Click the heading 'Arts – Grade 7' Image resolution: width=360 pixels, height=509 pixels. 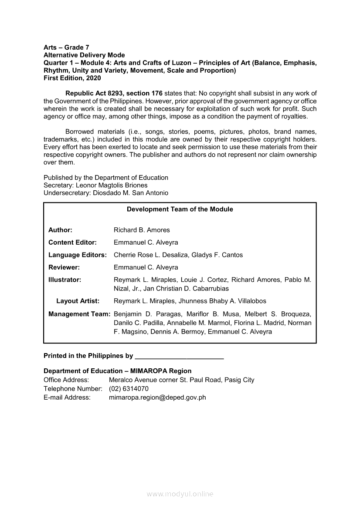pos(66,47)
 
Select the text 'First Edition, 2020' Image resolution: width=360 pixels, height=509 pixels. pos(72,78)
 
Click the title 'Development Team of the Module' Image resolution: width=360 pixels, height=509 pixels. pos(180,209)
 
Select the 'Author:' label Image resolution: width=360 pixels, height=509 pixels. pos(60,230)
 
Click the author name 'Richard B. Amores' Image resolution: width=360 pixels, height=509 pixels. pos(142,230)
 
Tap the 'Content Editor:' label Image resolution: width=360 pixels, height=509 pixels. pos(72,243)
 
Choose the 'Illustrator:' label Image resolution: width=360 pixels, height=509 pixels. pos(65,280)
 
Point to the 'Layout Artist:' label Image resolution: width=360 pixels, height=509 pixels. pos(78,301)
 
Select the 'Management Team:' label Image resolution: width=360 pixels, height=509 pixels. pos(79,314)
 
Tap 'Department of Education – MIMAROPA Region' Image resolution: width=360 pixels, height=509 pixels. pos(117,371)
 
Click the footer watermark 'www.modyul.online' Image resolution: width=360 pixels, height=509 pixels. pos(180,494)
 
